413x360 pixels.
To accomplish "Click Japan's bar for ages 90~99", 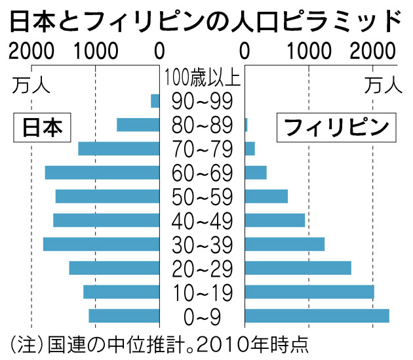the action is tap(155, 101).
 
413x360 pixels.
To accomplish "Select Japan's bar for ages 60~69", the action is tap(102, 172).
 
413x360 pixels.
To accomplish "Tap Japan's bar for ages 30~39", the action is tap(102, 244).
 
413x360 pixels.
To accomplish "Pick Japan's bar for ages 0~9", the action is tap(124, 315).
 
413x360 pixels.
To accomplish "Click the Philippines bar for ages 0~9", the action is tap(317, 315).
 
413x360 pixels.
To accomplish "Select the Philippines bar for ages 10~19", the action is tap(309, 292).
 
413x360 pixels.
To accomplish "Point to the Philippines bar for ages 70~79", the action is tap(250, 149).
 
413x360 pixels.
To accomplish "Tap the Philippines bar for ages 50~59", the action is tap(266, 196).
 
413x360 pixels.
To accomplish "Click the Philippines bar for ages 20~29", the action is tap(298, 268).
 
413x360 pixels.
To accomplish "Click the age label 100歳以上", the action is tap(203, 78).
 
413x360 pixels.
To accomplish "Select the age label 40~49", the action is tap(203, 221).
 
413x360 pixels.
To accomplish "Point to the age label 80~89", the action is tap(203, 125).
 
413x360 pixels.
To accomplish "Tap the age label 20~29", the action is tap(203, 269).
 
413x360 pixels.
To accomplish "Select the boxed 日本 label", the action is tap(42, 128).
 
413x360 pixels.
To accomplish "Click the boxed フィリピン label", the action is tap(336, 128).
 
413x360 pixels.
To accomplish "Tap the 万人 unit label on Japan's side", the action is tap(31, 86).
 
